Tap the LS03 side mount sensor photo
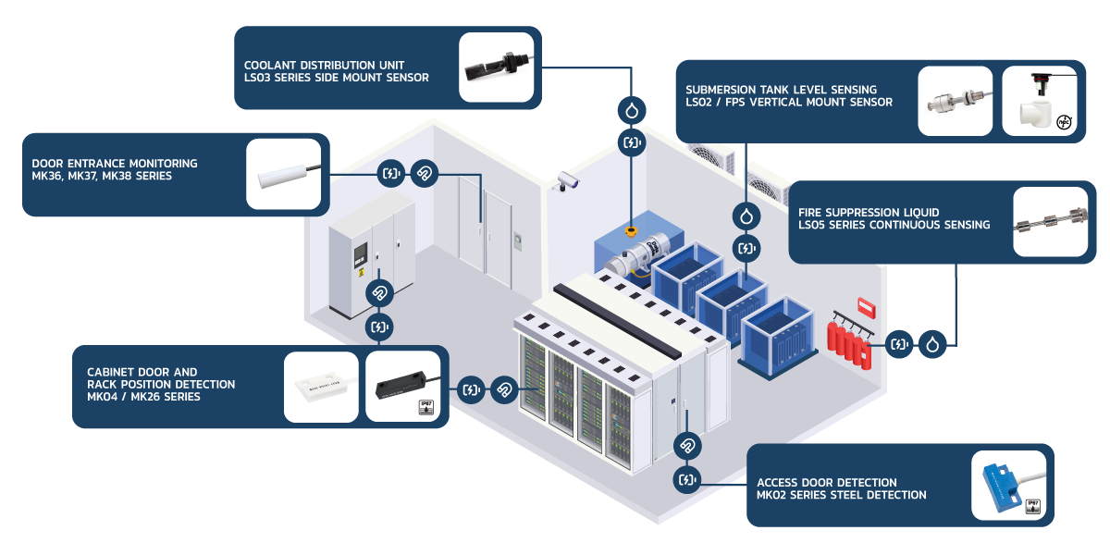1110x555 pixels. point(498,68)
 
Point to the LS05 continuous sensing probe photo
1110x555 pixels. point(1049,223)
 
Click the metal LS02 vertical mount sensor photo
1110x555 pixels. point(955,101)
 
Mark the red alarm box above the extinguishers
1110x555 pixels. point(866,305)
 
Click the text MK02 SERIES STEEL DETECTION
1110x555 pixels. point(841,495)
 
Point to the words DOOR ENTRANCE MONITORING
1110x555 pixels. point(115,164)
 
